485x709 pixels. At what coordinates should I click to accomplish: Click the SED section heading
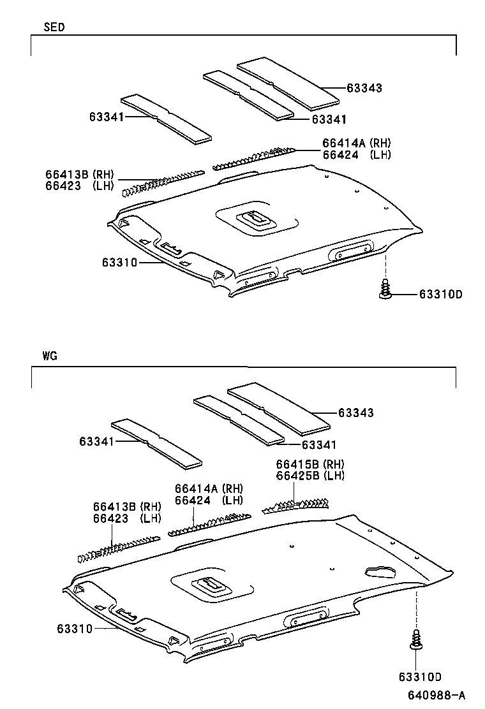(54, 27)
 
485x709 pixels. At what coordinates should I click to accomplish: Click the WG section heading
(51, 356)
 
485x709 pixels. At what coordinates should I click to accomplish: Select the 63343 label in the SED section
(364, 88)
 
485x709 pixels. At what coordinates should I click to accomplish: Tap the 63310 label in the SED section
(119, 261)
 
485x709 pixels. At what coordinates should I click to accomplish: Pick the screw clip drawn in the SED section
(385, 289)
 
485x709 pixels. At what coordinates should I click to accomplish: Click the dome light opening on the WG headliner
(210, 584)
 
